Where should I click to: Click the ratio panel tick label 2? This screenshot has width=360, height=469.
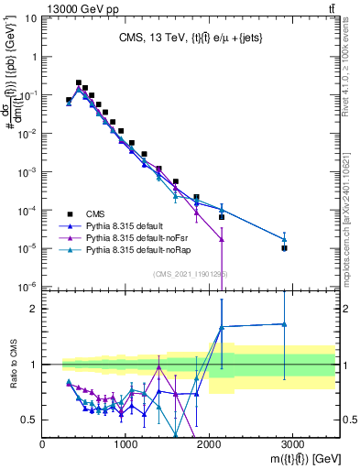(34, 309)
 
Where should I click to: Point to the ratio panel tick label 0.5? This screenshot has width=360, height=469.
(29, 420)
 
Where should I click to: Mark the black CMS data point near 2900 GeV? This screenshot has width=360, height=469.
(285, 248)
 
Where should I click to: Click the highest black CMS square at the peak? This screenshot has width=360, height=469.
(79, 82)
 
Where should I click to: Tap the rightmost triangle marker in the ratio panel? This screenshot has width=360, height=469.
(285, 323)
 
